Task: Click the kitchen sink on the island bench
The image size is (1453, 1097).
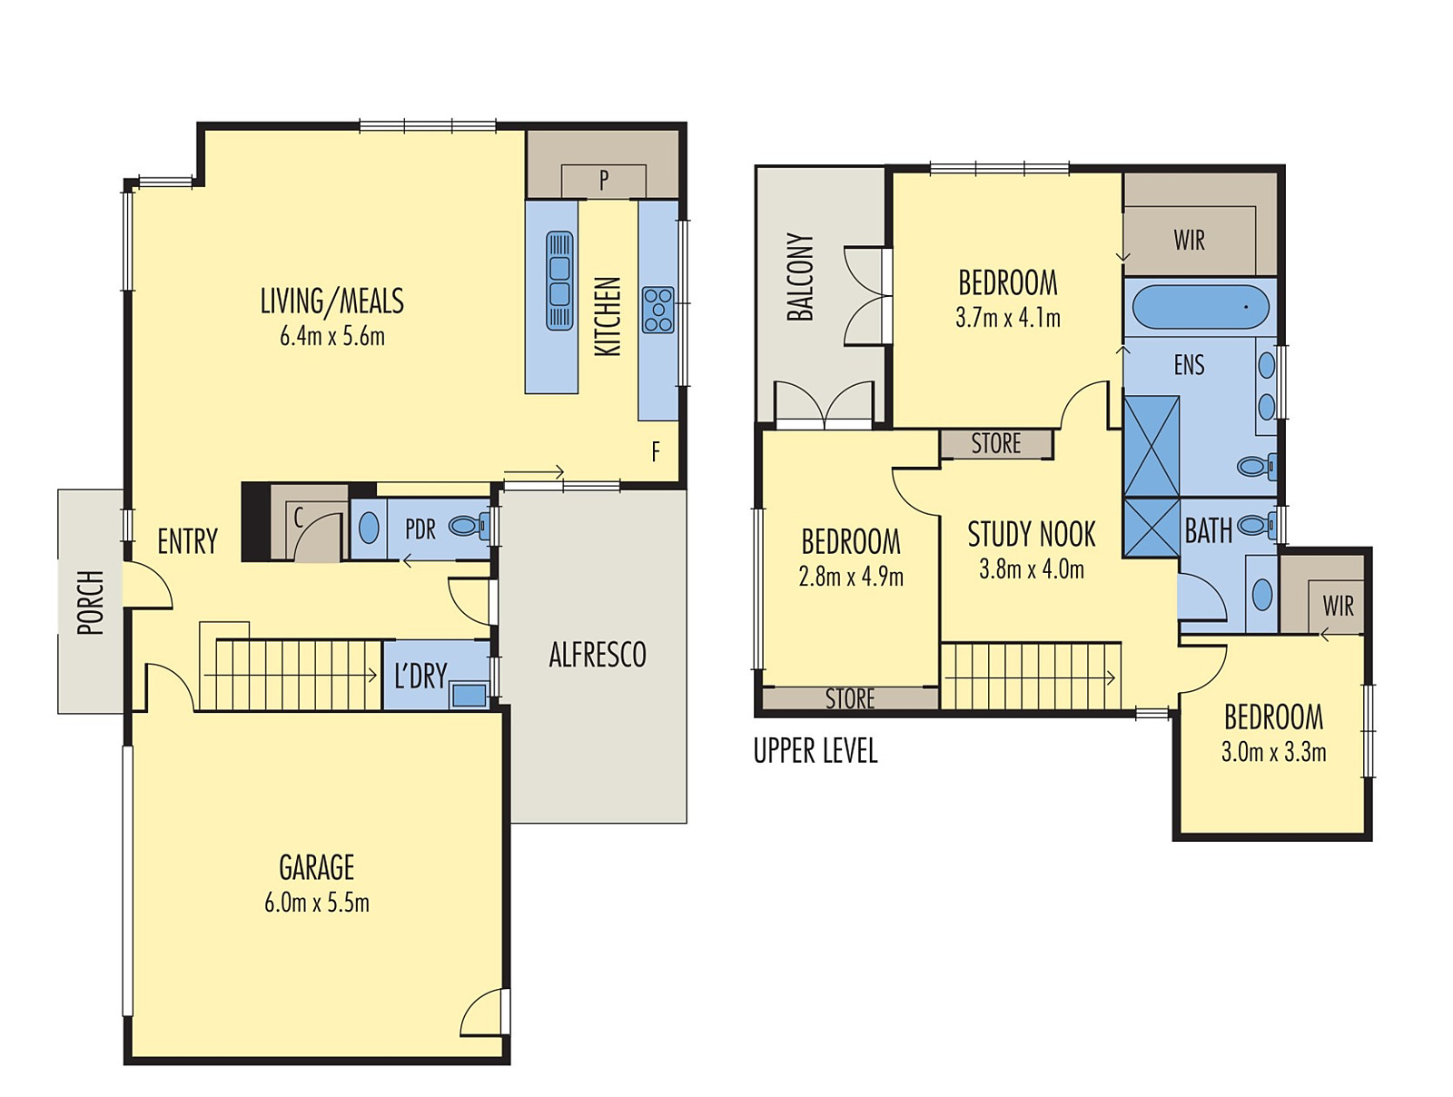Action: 559,281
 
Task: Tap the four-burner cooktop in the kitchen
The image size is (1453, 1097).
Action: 657,310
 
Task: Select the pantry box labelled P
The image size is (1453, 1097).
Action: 603,181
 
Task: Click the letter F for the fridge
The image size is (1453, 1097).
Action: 656,451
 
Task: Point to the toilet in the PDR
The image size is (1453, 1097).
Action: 469,526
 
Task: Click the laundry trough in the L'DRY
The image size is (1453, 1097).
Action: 469,695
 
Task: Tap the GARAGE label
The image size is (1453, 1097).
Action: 316,867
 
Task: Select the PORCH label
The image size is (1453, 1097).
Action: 90,602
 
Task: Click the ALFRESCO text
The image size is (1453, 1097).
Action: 597,655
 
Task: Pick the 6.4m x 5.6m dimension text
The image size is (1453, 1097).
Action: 331,337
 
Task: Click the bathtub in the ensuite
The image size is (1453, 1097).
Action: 1200,307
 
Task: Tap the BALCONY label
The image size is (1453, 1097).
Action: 800,277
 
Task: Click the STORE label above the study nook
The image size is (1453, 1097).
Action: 995,444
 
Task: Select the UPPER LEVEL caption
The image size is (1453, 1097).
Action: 815,751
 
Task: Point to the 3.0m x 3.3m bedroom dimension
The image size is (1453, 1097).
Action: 1272,753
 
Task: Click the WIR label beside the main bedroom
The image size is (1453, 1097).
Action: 1189,241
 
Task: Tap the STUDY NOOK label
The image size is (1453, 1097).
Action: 1031,534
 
